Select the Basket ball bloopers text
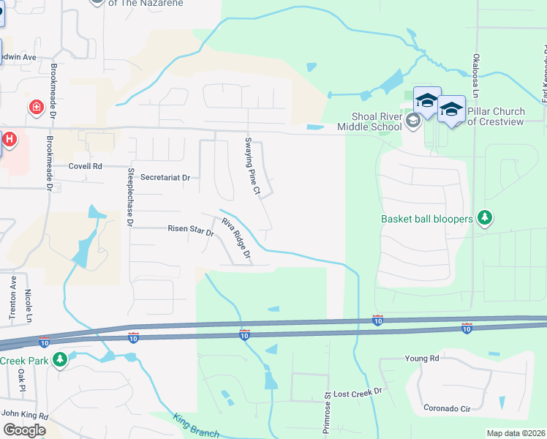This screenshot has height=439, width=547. click(427, 218)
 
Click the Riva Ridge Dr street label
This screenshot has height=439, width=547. click(236, 239)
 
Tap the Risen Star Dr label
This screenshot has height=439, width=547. click(190, 232)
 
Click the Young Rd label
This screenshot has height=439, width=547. click(422, 359)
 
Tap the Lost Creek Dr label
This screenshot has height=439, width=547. click(358, 392)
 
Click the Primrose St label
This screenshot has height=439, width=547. click(327, 414)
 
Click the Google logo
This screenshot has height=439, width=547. click(23, 430)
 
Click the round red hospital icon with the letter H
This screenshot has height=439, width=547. click(9, 139)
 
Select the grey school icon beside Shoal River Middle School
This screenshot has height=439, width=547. click(413, 121)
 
